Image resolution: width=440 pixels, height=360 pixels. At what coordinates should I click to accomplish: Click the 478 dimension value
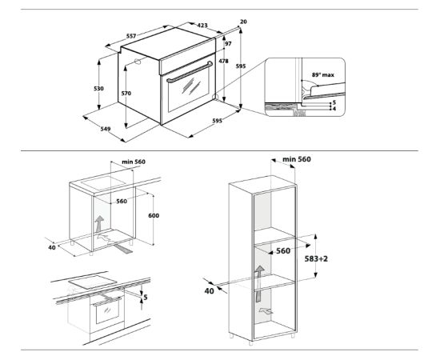pyautogui.click(x=225, y=62)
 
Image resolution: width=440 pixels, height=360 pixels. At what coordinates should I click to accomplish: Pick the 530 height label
pyautogui.click(x=98, y=88)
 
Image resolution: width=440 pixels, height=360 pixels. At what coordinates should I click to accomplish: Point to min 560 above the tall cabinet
pyautogui.click(x=295, y=159)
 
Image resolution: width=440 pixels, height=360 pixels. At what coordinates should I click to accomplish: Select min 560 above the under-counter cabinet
pyautogui.click(x=133, y=162)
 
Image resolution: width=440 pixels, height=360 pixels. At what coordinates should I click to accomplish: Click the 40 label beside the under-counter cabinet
pyautogui.click(x=51, y=247)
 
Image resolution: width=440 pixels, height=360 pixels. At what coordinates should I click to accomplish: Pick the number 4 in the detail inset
pyautogui.click(x=333, y=108)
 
